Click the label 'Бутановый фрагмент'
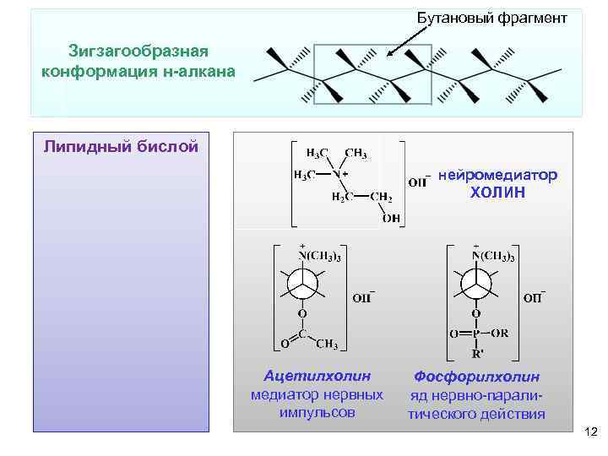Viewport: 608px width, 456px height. click(486, 18)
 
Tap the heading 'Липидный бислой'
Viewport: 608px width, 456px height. click(121, 147)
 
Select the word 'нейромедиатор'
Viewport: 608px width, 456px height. click(498, 175)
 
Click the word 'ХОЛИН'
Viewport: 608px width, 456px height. click(497, 193)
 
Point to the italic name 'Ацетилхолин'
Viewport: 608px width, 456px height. click(317, 375)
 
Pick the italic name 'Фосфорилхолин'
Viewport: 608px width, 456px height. click(477, 377)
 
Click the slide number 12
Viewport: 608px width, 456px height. click(590, 432)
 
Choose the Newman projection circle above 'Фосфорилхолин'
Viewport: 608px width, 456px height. click(475, 283)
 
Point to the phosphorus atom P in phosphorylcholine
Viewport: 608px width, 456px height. click(475, 334)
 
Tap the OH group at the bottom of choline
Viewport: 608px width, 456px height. click(391, 219)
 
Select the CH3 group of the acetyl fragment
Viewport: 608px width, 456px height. click(328, 344)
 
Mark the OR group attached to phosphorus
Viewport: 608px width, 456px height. click(500, 334)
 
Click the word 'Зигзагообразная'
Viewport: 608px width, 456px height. click(138, 52)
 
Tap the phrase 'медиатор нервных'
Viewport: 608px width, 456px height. click(317, 394)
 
